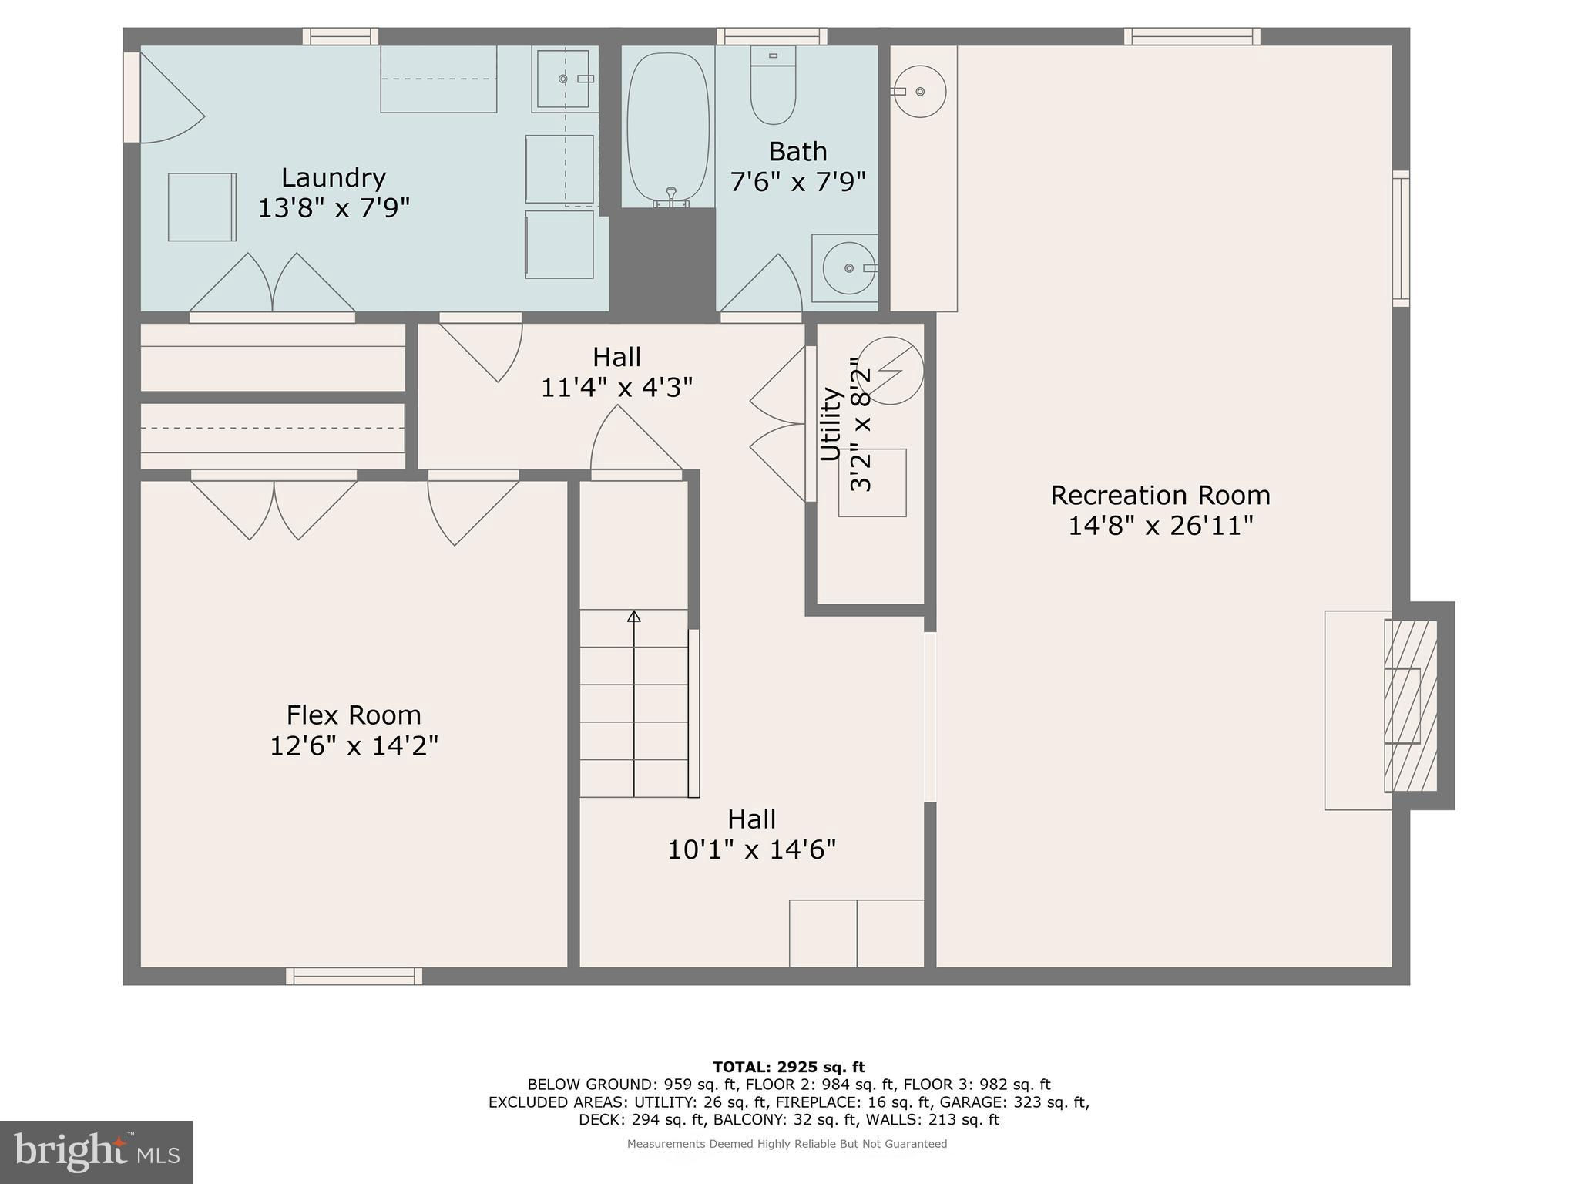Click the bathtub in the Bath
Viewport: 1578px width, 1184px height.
[668, 127]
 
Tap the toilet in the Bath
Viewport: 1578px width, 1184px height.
[773, 86]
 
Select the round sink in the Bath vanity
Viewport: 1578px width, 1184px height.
[848, 268]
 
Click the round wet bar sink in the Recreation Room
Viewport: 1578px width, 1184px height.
[920, 91]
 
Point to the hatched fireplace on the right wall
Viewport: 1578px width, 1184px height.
[1412, 705]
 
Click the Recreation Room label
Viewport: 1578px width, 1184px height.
[1160, 495]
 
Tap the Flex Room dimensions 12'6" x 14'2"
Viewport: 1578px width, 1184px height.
[354, 745]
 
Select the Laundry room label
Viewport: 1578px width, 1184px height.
[334, 177]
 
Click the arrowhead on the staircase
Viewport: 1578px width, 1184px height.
[634, 616]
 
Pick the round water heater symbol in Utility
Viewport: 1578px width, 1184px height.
[891, 371]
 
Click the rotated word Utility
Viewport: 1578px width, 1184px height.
[830, 425]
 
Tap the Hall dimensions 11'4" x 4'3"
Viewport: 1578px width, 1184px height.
[616, 387]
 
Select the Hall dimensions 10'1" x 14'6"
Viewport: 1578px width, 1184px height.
[751, 849]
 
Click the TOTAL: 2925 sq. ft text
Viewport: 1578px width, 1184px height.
[789, 1067]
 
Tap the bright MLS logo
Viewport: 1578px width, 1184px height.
[96, 1152]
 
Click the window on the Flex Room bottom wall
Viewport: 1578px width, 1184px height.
[354, 977]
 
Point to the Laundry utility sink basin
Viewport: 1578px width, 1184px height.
[563, 79]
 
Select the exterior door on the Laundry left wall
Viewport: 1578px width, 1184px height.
[132, 97]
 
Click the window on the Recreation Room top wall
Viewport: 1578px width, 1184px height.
[1192, 36]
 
